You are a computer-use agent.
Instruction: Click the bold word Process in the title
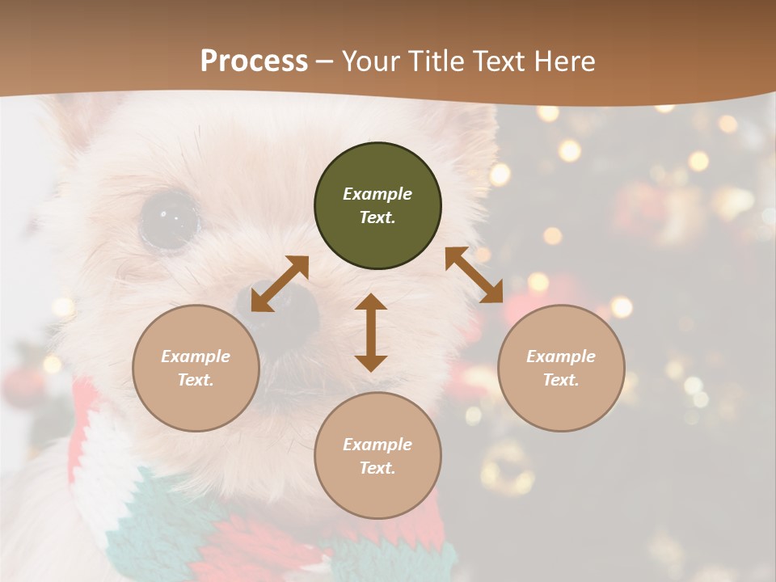tap(254, 61)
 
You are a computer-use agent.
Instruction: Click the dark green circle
tap(377, 206)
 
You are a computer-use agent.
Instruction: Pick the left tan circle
tap(196, 368)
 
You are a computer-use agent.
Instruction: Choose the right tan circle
tap(561, 368)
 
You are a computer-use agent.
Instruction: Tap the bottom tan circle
tap(377, 456)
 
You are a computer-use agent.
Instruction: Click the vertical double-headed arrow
tap(371, 332)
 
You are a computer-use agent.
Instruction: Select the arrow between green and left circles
tap(280, 284)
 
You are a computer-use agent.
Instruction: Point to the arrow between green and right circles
tap(474, 275)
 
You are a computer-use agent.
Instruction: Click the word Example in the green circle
tap(377, 194)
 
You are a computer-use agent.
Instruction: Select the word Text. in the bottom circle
tap(377, 468)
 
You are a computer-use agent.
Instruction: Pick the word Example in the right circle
tap(561, 356)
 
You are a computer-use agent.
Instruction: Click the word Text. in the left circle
tap(196, 380)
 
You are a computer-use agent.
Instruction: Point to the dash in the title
tap(324, 61)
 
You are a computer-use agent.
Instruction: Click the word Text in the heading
tap(495, 61)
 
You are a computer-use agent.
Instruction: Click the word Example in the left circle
tap(196, 356)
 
